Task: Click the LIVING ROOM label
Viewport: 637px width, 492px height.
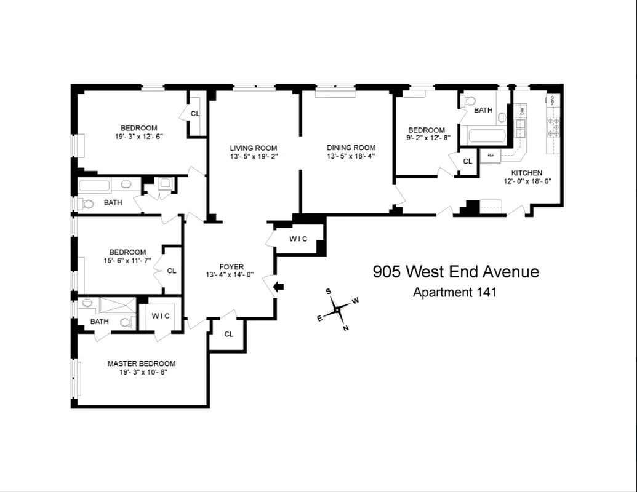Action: (253, 148)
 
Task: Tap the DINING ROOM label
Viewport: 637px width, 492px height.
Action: (351, 148)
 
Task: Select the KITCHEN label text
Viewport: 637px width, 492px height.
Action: (526, 173)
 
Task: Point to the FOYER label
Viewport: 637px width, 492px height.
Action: (231, 266)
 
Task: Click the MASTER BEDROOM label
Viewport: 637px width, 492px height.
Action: (142, 363)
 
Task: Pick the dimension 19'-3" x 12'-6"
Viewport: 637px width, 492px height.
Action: (138, 137)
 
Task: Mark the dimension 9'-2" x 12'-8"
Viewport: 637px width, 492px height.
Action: (427, 138)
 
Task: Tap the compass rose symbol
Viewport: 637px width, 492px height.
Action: (338, 309)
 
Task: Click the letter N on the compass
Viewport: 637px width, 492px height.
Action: (346, 328)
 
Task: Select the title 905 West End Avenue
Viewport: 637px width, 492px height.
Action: (455, 272)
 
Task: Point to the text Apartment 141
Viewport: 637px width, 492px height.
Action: (454, 292)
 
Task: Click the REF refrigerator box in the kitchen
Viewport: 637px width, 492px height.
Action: (491, 155)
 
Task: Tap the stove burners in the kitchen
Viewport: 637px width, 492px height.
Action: (553, 126)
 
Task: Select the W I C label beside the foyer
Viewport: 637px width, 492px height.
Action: (298, 239)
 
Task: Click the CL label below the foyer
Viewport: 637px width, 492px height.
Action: (228, 334)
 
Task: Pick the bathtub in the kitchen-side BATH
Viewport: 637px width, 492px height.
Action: (487, 135)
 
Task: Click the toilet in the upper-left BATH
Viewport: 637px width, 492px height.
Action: (88, 204)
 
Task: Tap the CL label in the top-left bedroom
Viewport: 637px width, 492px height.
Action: (195, 114)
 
